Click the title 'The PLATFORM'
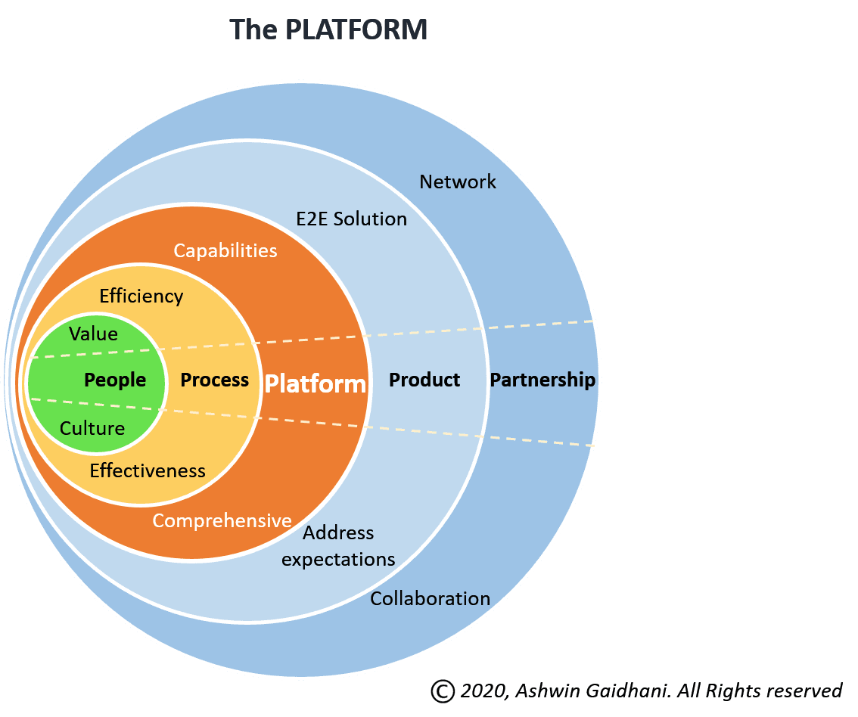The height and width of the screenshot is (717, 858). (328, 29)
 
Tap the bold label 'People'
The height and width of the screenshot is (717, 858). (115, 380)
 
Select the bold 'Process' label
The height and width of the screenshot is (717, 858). (215, 380)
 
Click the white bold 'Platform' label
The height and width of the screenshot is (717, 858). (316, 384)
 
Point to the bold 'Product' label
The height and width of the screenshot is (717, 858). (424, 380)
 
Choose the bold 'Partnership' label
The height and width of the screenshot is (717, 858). (542, 380)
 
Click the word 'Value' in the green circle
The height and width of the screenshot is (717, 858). (94, 334)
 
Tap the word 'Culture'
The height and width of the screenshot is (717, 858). (92, 428)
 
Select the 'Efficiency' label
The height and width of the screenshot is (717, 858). (141, 296)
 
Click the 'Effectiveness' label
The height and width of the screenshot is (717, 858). (148, 471)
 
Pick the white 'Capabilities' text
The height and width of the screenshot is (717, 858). (225, 251)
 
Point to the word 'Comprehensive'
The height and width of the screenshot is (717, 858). (222, 521)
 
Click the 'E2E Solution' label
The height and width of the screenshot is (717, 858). (351, 219)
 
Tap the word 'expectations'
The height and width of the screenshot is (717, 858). (338, 560)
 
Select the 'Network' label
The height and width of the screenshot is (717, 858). (458, 182)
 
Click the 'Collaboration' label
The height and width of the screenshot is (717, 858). (430, 599)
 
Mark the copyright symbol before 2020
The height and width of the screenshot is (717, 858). (443, 691)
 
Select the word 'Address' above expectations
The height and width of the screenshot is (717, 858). (338, 533)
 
